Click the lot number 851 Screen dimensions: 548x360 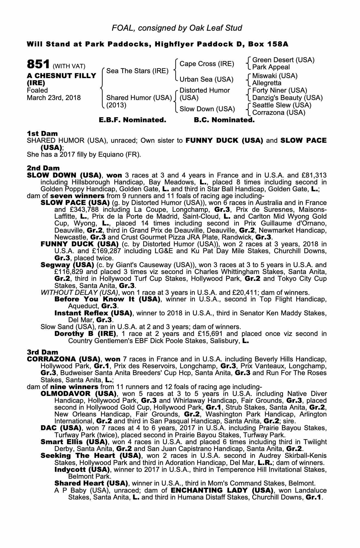[x=38, y=65]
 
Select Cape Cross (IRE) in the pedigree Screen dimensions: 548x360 [x=207, y=64]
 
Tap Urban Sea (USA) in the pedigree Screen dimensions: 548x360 [x=206, y=79]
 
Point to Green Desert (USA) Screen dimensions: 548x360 [x=283, y=60]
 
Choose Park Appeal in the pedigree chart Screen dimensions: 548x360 [x=271, y=67]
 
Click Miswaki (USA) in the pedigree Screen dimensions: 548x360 [x=275, y=76]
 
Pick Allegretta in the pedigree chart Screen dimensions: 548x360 [x=267, y=83]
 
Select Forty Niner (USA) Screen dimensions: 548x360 [x=279, y=90]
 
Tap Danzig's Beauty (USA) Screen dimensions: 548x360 [x=287, y=98]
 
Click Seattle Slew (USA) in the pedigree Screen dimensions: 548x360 [x=282, y=105]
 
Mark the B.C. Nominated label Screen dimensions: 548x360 [x=224, y=120]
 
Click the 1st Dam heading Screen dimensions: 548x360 [x=42, y=133]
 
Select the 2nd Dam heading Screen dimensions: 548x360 [x=43, y=168]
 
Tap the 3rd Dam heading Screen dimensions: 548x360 [x=42, y=352]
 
